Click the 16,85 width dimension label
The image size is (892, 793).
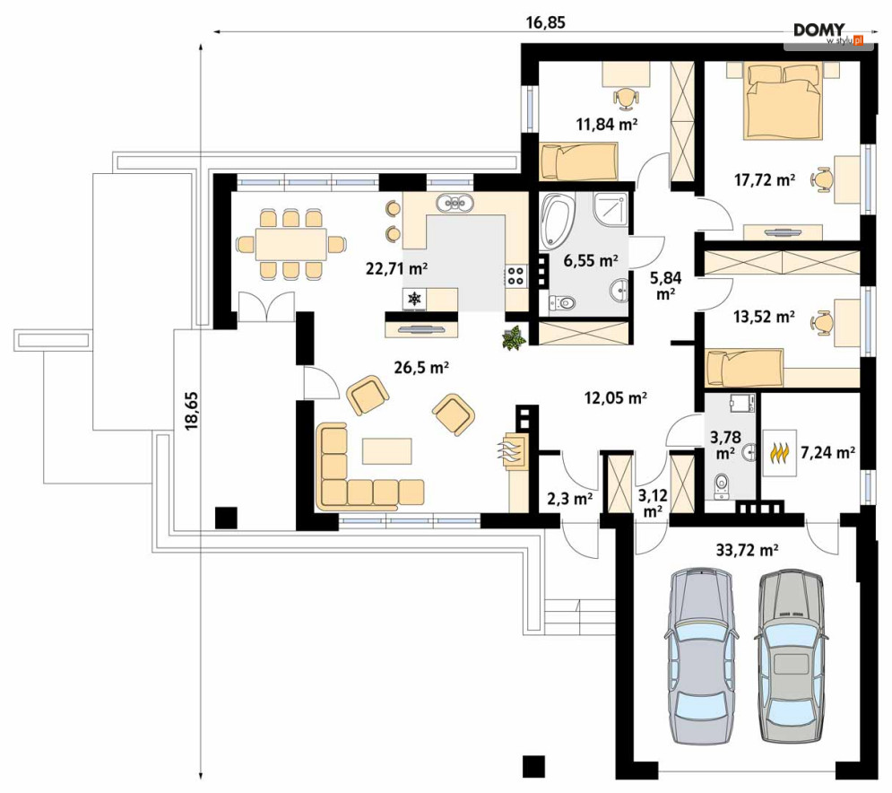[x=546, y=22]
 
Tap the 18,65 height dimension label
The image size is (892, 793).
[x=191, y=410]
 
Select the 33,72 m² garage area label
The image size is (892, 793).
[x=747, y=550]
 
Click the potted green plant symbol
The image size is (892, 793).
[x=515, y=338]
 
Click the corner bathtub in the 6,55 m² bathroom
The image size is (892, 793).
[x=558, y=222]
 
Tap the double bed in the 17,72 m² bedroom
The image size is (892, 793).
[x=784, y=101]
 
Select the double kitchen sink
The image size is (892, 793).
[x=455, y=203]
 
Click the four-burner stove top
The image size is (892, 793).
[x=516, y=275]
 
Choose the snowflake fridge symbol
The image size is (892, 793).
[x=415, y=299]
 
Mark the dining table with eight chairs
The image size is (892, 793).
[x=290, y=244]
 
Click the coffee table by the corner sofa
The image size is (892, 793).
[x=387, y=451]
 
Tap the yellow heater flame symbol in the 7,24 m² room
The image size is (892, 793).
[x=779, y=452]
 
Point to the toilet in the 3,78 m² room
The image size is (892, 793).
[x=722, y=486]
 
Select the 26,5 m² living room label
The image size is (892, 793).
[x=421, y=368]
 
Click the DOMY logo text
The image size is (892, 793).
[x=819, y=30]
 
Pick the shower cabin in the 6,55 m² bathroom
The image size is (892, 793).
[x=611, y=209]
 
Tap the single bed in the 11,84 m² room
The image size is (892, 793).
[x=577, y=161]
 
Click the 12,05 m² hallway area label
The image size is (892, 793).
[x=616, y=398]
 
